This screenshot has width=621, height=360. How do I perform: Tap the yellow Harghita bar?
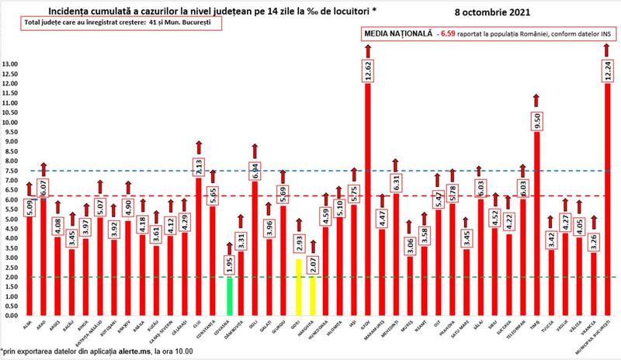[313, 295]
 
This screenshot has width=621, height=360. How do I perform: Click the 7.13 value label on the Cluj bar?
[198, 166]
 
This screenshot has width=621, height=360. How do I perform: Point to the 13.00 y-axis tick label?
[11, 64]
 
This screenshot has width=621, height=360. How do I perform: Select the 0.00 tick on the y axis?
[11, 316]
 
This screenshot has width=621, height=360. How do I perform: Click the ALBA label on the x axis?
[27, 325]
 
